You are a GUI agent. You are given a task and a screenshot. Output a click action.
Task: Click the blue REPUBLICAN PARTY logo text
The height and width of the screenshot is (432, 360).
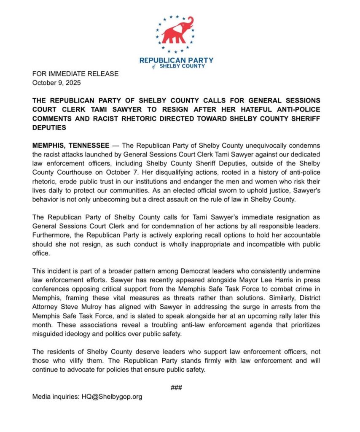176,60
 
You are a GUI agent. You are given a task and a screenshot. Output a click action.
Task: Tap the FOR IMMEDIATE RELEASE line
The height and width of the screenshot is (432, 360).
75,74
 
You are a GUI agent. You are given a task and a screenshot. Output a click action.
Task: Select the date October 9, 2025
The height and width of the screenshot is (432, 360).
56,83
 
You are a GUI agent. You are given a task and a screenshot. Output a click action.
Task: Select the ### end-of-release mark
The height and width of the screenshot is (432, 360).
176,387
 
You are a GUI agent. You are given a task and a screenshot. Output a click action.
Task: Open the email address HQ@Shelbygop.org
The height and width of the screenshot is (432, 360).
112,397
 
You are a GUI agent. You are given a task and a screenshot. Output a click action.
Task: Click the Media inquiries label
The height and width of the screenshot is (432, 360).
56,397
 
